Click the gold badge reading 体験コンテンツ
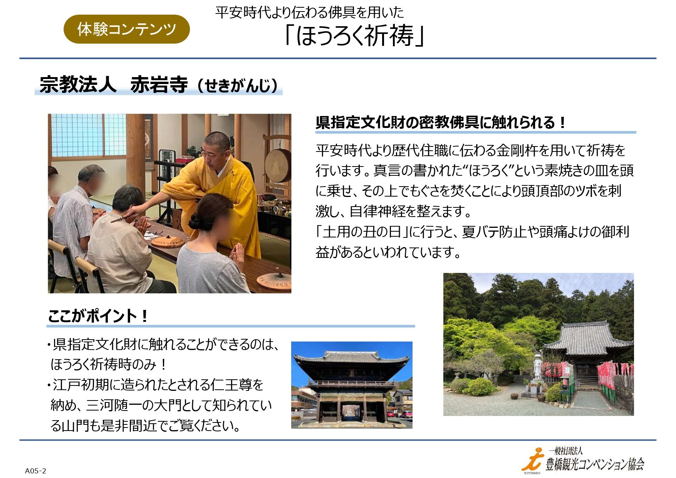pyautogui.click(x=127, y=29)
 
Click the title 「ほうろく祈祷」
pyautogui.click(x=354, y=35)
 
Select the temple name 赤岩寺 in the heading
pyautogui.click(x=159, y=85)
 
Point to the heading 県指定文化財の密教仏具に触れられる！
pyautogui.click(x=441, y=123)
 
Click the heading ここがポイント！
pyautogui.click(x=98, y=316)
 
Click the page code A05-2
pyautogui.click(x=35, y=471)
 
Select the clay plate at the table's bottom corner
pyautogui.click(x=273, y=281)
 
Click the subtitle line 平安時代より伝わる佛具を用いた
pyautogui.click(x=310, y=12)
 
